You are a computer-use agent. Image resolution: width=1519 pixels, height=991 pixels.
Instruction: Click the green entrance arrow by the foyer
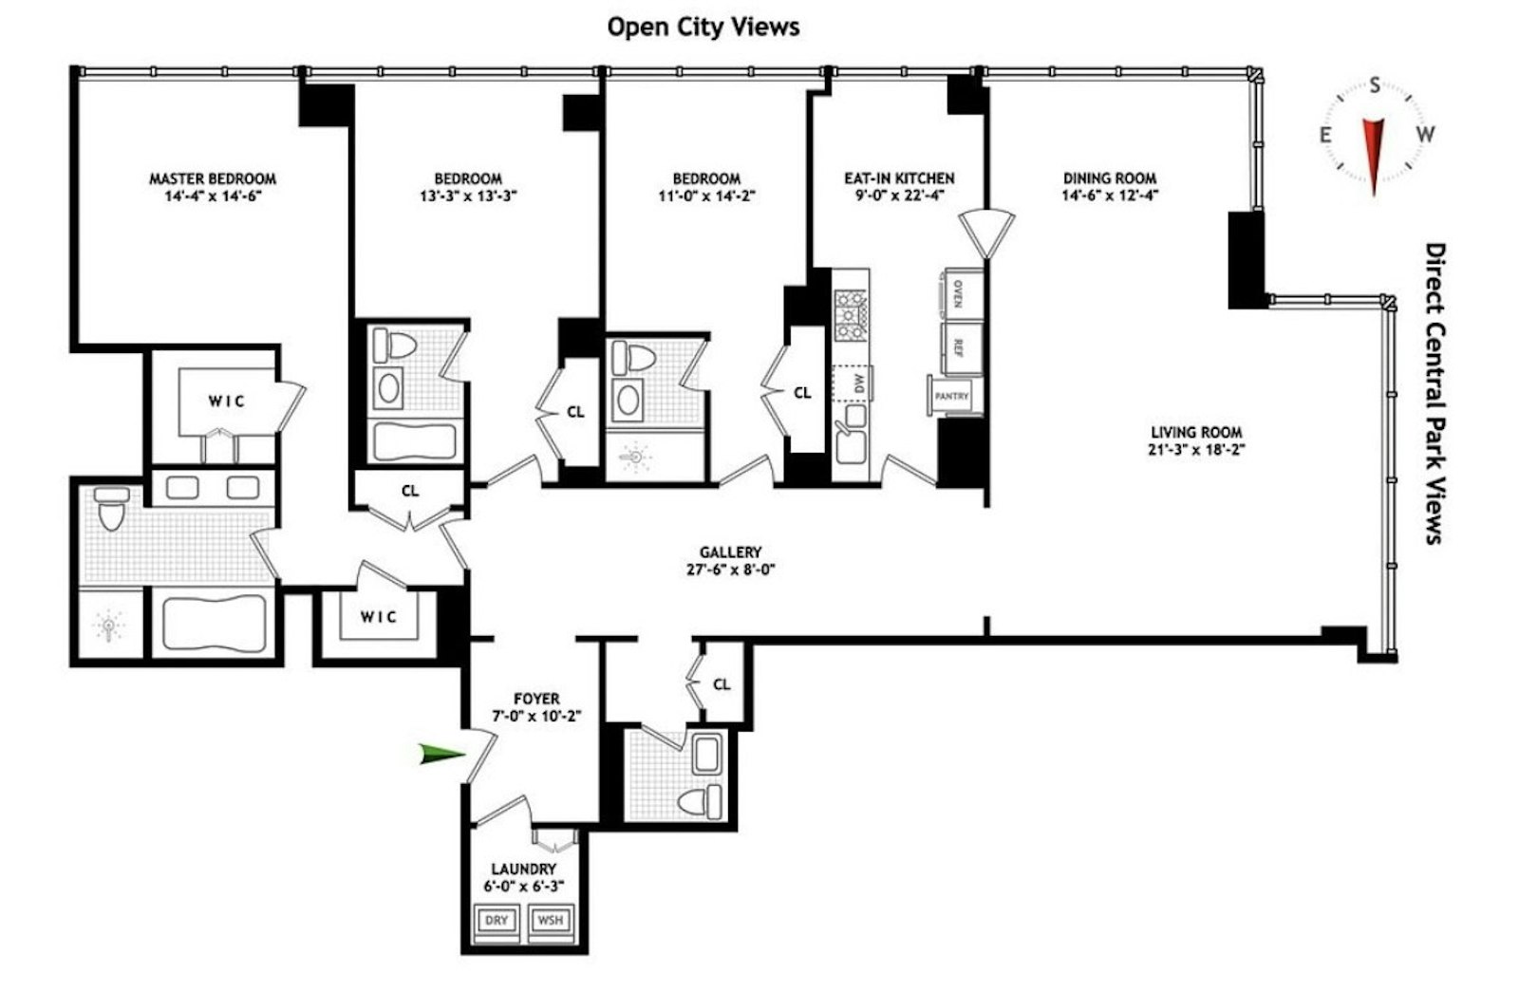pos(441,755)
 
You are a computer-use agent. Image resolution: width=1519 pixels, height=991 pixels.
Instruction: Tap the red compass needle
pos(1373,152)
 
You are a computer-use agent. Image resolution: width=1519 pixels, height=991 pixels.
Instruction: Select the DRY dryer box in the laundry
pos(496,920)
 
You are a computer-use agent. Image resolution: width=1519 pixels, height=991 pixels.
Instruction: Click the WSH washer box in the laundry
pos(550,920)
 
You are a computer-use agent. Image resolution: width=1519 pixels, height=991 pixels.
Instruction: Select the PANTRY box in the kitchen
pos(951,396)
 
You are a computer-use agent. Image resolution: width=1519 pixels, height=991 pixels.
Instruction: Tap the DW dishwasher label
pos(859,383)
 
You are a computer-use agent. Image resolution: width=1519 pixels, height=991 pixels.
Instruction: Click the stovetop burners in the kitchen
pos(851,314)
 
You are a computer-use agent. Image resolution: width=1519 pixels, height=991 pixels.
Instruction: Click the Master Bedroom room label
pos(213,178)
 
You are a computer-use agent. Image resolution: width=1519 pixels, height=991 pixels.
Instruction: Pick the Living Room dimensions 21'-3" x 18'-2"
pos(1195,450)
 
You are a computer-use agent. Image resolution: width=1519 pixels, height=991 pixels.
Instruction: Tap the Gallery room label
pos(730,552)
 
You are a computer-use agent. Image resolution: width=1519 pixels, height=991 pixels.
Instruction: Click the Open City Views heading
pos(703,27)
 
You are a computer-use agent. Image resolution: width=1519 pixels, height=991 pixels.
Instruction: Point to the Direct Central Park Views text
pos(1435,393)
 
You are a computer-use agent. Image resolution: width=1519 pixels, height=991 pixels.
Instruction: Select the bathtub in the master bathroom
pos(213,624)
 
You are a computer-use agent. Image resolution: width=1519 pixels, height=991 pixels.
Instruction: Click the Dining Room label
pos(1109,178)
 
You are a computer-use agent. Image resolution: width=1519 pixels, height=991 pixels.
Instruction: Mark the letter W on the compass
pos(1424,135)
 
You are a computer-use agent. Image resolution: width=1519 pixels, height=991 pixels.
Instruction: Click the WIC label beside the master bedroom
pos(227,402)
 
